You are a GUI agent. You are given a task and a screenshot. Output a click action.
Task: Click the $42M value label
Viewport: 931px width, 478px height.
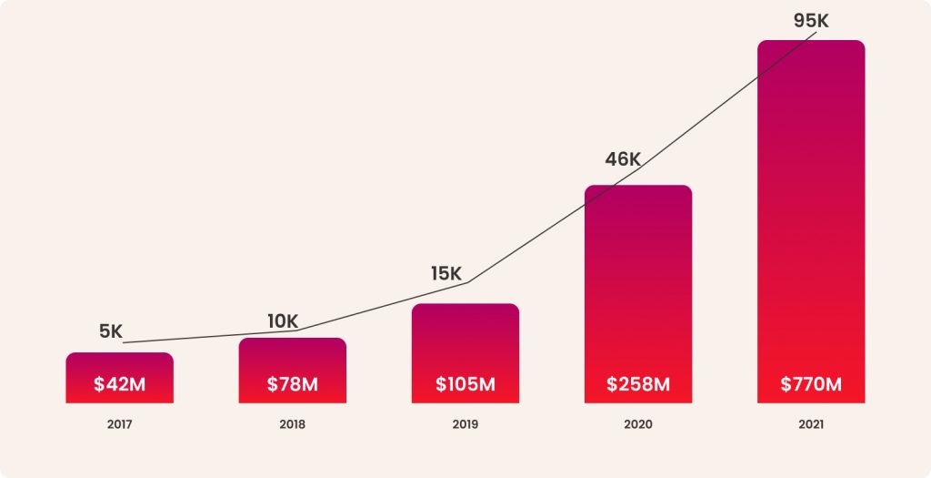click(x=119, y=384)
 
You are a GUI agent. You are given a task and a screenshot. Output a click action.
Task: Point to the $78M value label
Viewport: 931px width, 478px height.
click(x=292, y=384)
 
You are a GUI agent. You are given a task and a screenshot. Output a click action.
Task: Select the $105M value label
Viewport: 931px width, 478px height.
click(x=465, y=384)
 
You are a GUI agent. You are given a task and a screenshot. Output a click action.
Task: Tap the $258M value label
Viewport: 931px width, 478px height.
click(x=637, y=384)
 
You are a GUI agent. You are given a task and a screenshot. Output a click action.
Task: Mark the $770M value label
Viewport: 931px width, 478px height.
click(x=810, y=384)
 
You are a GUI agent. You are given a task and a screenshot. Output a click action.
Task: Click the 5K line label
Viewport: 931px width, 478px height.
click(x=110, y=331)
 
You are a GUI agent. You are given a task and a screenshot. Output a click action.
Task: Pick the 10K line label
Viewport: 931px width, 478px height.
click(x=283, y=320)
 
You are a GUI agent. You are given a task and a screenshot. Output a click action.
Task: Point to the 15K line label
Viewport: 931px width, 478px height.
click(x=446, y=273)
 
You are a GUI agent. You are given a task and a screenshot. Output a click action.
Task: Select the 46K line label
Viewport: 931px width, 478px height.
click(x=623, y=159)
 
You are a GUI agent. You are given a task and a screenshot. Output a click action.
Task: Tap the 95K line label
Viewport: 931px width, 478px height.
click(x=811, y=21)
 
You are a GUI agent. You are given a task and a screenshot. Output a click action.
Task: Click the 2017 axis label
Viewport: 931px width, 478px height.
click(x=119, y=424)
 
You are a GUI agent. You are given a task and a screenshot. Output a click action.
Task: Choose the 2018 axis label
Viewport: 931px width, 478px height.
click(x=292, y=424)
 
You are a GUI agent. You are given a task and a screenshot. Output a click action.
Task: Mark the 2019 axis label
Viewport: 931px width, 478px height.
click(x=465, y=424)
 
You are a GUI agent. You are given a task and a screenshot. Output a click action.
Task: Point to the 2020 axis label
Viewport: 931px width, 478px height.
click(x=637, y=424)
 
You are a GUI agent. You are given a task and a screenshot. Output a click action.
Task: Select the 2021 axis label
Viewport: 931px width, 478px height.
click(x=810, y=424)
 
